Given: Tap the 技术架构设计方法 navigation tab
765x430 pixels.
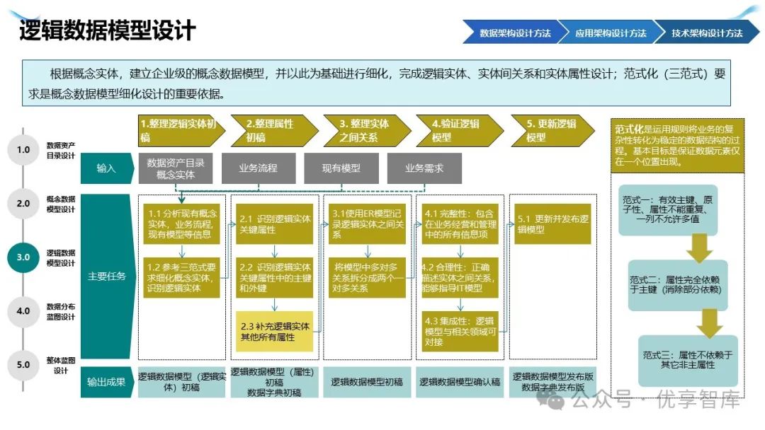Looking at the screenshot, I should click(x=706, y=33).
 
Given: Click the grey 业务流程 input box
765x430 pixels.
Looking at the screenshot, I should click(x=258, y=168).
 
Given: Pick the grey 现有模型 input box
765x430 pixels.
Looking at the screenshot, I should click(x=341, y=168).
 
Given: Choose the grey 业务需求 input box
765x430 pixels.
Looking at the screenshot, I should click(x=424, y=168).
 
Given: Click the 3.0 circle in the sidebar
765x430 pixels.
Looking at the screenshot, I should click(x=23, y=257).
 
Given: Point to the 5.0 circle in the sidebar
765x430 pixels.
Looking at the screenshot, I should click(x=23, y=365).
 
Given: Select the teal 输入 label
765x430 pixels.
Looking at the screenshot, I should click(x=106, y=168).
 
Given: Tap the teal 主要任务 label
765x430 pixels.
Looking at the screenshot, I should click(x=106, y=277).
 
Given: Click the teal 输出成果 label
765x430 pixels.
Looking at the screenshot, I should click(x=106, y=382).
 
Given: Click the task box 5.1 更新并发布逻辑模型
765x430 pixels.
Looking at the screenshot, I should click(x=552, y=224).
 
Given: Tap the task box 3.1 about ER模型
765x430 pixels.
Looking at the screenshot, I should click(x=367, y=223).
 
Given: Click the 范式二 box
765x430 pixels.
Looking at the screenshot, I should click(x=674, y=284).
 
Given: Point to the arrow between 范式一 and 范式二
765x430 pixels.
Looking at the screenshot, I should click(x=701, y=246).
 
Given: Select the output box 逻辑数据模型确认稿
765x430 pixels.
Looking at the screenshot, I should click(x=460, y=382).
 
